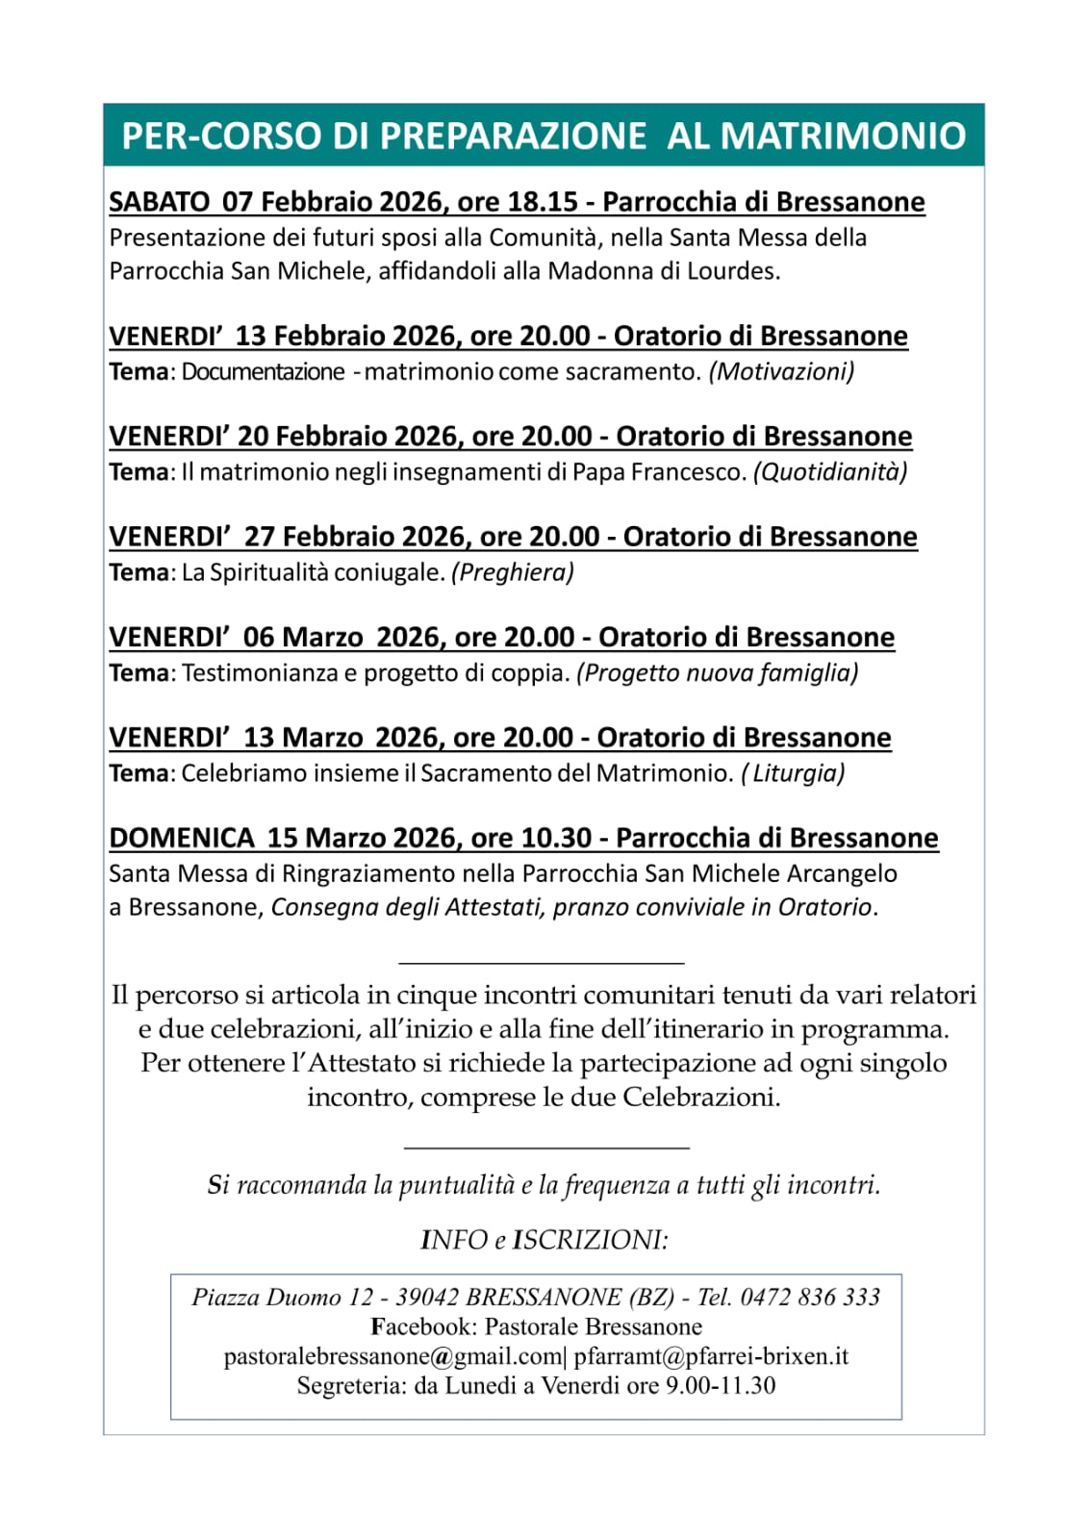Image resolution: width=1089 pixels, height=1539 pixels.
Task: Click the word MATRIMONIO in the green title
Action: [x=843, y=136]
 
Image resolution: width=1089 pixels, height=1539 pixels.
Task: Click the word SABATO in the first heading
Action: [x=159, y=202]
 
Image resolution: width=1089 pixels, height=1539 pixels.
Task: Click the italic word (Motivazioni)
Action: [x=781, y=372]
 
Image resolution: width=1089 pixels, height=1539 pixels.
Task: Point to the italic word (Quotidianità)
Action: [x=830, y=472]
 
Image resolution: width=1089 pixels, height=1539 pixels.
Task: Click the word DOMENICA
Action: [x=182, y=838]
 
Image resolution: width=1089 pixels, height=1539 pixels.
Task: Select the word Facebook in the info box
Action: [x=423, y=1327]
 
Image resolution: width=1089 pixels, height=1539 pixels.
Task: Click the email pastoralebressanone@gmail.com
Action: [x=393, y=1357]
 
